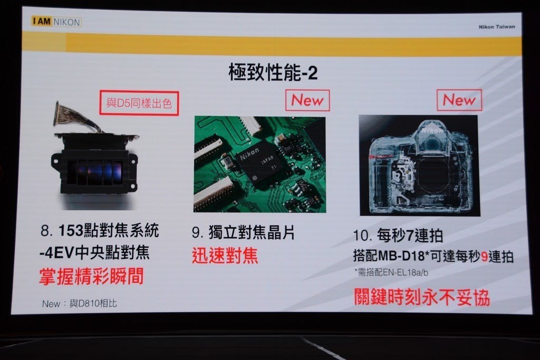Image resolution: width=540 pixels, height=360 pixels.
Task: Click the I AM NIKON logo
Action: click(x=56, y=22)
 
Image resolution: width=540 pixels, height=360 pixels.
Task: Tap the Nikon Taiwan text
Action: click(x=497, y=26)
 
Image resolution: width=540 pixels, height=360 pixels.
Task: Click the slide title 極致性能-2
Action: click(x=273, y=72)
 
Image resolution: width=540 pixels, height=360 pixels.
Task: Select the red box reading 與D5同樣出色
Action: click(x=139, y=103)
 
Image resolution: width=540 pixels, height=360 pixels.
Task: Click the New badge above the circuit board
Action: click(x=307, y=100)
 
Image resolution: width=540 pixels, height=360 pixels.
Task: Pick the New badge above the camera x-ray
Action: click(x=459, y=100)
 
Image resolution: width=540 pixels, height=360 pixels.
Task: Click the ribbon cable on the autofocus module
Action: click(x=74, y=117)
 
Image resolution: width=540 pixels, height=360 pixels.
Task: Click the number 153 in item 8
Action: click(x=71, y=230)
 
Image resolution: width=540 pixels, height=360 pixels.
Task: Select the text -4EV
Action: click(x=57, y=253)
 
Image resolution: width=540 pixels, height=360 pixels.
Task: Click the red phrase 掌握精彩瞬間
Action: click(x=91, y=276)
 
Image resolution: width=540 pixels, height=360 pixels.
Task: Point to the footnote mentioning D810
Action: click(x=80, y=303)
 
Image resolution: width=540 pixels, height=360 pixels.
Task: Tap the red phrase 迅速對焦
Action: click(x=225, y=256)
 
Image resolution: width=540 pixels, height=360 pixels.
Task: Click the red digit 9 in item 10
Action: click(x=484, y=256)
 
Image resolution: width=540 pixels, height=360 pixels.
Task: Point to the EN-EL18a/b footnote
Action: click(x=391, y=273)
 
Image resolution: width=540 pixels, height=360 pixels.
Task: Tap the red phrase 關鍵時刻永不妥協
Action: click(x=422, y=297)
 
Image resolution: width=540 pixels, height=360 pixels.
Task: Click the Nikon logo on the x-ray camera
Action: click(x=432, y=130)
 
